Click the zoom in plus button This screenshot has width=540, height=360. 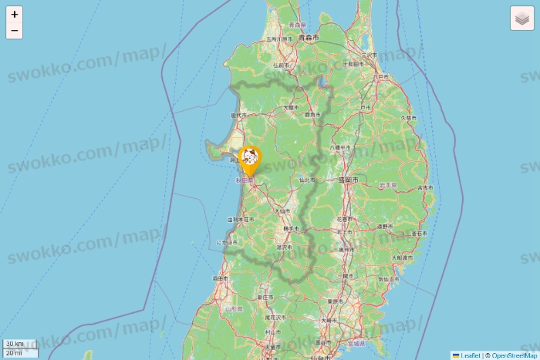pos(15,14)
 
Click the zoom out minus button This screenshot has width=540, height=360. pos(15,31)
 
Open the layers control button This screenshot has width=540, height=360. pos(522,19)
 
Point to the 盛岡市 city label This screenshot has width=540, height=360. pos(348,179)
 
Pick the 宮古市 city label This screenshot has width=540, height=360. pos(424,187)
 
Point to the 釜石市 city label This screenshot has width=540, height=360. pos(420,233)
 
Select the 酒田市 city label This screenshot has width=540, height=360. pos(218,278)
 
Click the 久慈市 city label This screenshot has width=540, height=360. pos(408,118)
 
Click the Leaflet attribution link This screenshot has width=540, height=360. pos(470,355)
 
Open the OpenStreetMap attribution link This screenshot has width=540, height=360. pos(514,355)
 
